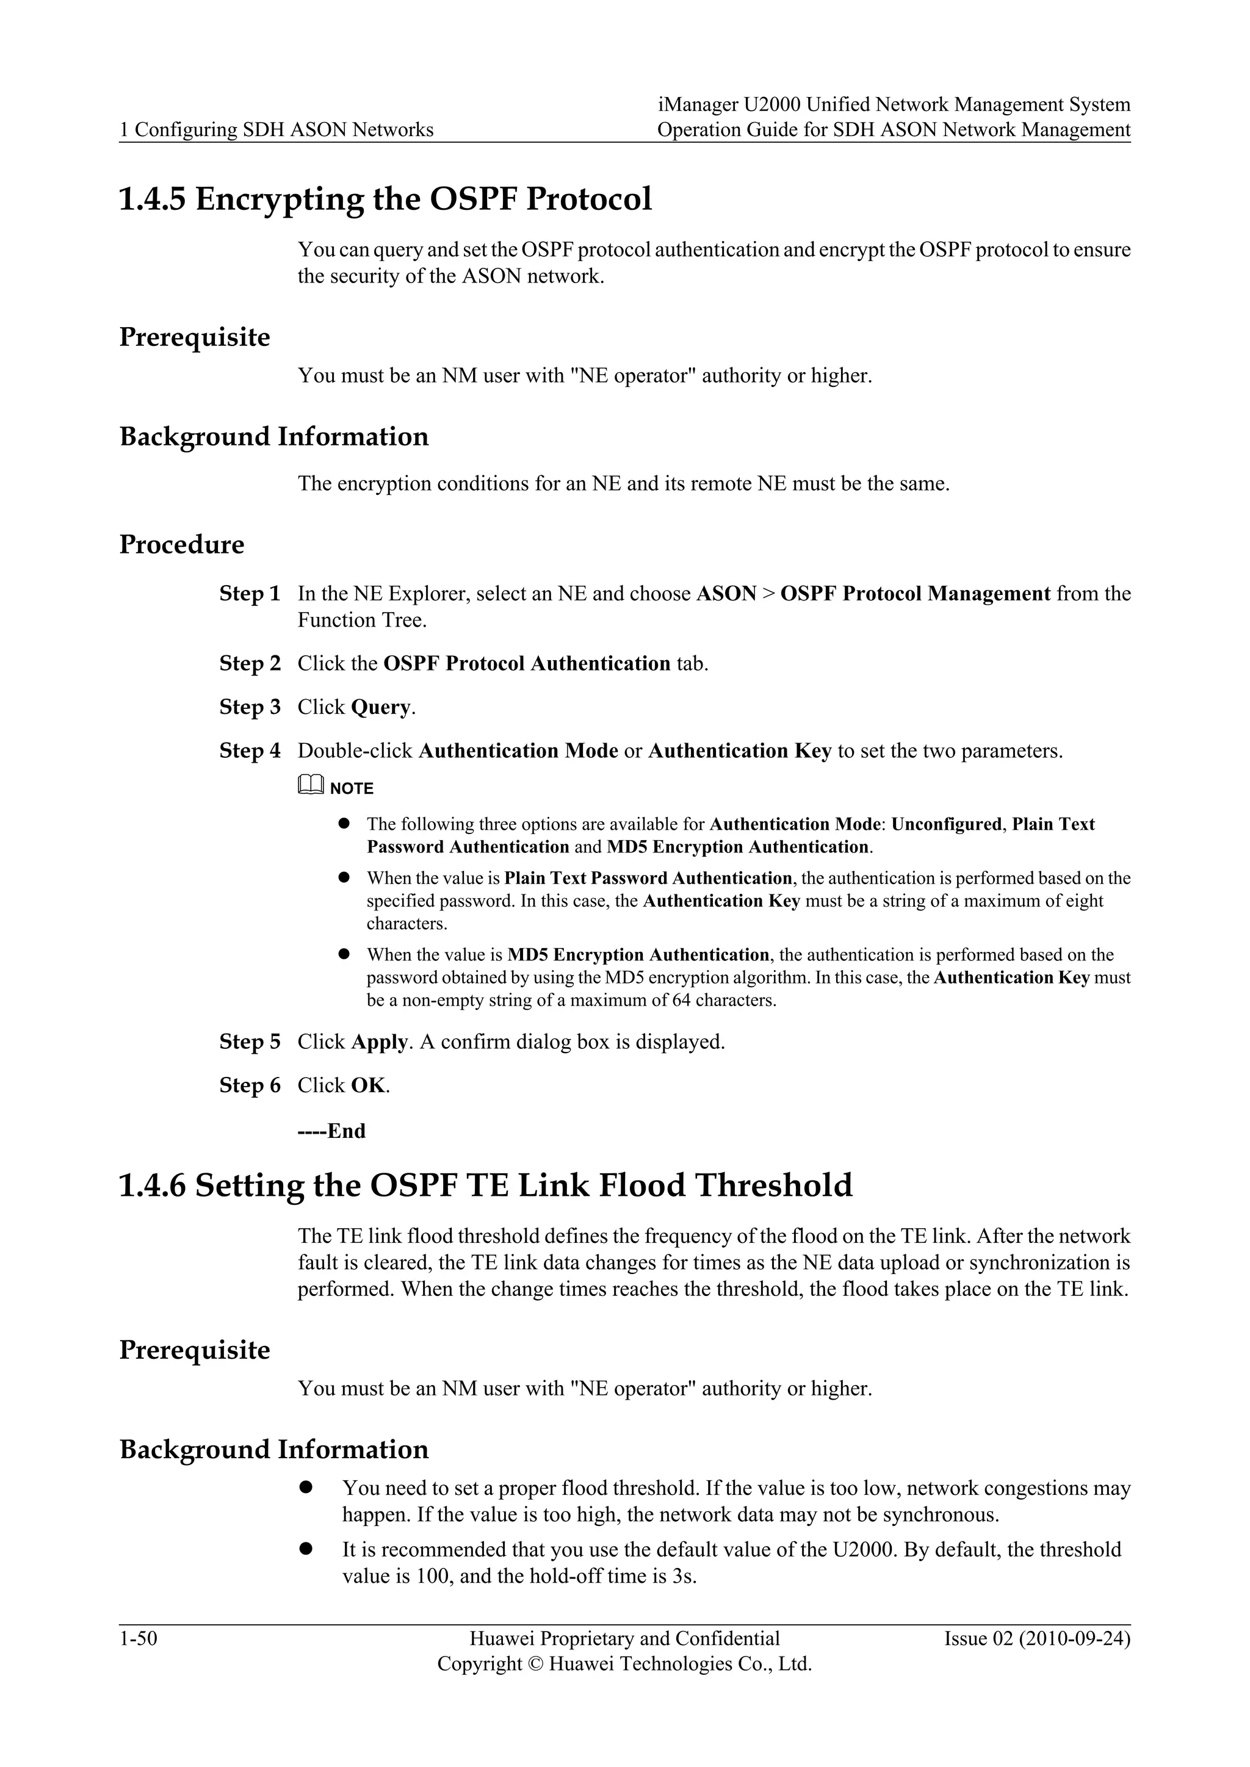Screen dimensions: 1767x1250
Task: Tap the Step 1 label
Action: tap(250, 594)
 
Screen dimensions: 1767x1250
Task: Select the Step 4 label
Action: tap(250, 751)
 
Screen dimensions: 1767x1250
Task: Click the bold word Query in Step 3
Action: tap(381, 708)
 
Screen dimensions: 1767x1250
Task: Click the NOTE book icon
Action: tap(310, 786)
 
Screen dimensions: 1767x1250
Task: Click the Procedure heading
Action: tap(182, 545)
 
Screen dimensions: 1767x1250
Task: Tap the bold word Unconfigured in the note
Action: tap(946, 824)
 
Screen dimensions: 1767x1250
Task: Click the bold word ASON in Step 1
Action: tap(726, 594)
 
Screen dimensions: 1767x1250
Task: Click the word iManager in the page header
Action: tap(698, 105)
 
